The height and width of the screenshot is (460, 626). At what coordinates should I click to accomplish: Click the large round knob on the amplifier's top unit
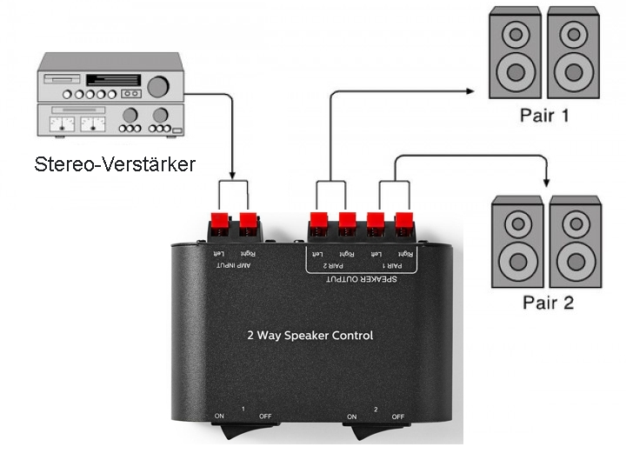click(x=158, y=86)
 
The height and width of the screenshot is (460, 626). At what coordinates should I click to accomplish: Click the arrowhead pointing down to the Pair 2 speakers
click(x=547, y=181)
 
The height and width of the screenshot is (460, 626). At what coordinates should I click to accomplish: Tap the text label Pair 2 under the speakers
click(x=548, y=303)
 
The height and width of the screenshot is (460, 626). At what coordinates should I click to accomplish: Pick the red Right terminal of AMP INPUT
click(x=249, y=223)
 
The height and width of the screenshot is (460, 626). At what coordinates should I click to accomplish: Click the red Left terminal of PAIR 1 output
click(x=376, y=223)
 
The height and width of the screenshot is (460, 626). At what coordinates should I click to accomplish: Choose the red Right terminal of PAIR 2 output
click(x=348, y=223)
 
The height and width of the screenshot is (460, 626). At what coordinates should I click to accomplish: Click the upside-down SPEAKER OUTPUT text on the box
click(x=360, y=279)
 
